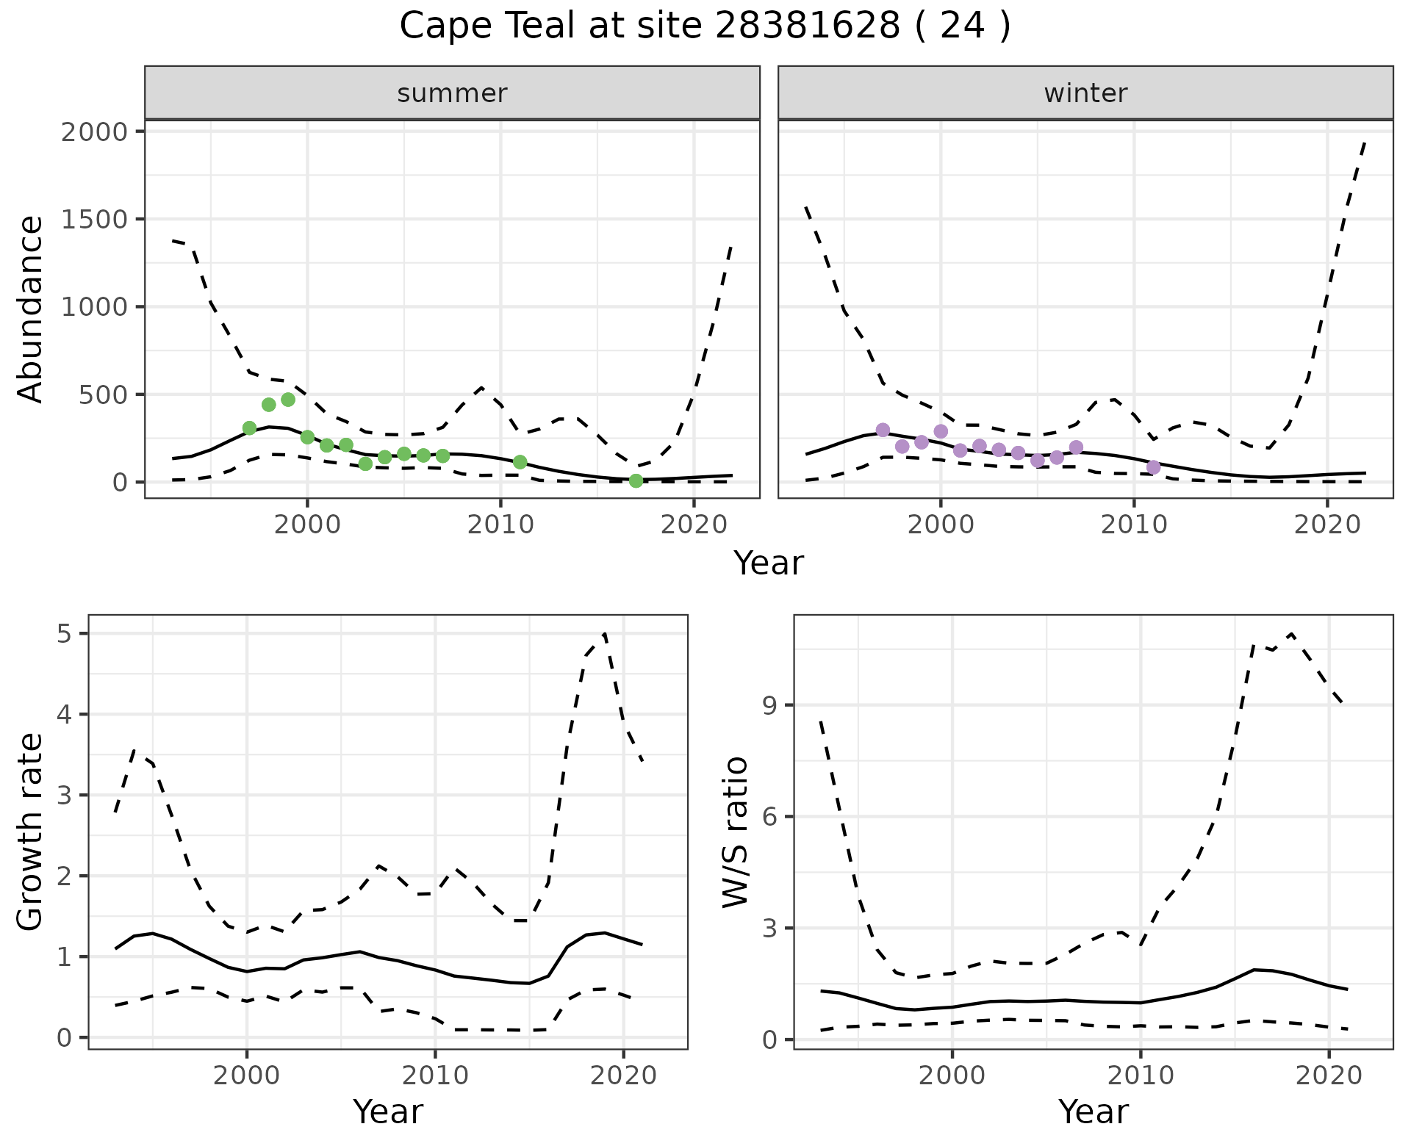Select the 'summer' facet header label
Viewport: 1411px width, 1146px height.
452,93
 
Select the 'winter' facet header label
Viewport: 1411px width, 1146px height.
1085,93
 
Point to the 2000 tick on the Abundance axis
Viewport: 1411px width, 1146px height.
94,132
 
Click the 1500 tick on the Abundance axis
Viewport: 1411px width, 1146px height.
94,220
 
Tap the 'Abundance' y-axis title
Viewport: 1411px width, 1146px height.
31,309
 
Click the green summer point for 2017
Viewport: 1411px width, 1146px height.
636,480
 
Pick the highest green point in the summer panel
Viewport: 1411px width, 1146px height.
288,400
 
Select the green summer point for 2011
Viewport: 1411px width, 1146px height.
520,462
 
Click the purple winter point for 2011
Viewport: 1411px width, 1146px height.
1154,467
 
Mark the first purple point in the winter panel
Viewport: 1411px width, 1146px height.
883,430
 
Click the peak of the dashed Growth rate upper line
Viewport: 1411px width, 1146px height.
605,633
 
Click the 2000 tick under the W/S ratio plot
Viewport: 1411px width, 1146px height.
952,1076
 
